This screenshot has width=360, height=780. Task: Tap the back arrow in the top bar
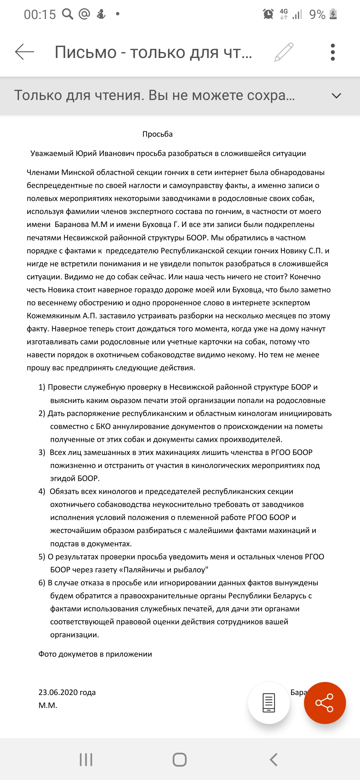pos(25,52)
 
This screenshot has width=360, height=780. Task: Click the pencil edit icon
pos(284,52)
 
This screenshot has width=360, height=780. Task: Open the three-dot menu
pos(332,52)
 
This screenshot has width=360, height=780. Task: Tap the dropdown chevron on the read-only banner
pos(337,96)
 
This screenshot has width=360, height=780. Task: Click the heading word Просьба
pos(157,134)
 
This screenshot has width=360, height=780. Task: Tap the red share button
pos(325,703)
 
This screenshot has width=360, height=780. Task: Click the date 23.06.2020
pos(58,692)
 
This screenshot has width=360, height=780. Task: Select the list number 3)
pos(42,452)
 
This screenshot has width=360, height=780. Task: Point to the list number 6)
pos(42,583)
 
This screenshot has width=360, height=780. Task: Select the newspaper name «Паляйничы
pos(145,570)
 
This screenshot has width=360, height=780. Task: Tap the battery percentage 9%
pos(317,14)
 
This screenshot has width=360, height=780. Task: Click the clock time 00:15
pos(40,14)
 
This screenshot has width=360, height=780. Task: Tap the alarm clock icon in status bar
pos(268,14)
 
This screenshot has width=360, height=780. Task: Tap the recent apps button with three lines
pos(86,760)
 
